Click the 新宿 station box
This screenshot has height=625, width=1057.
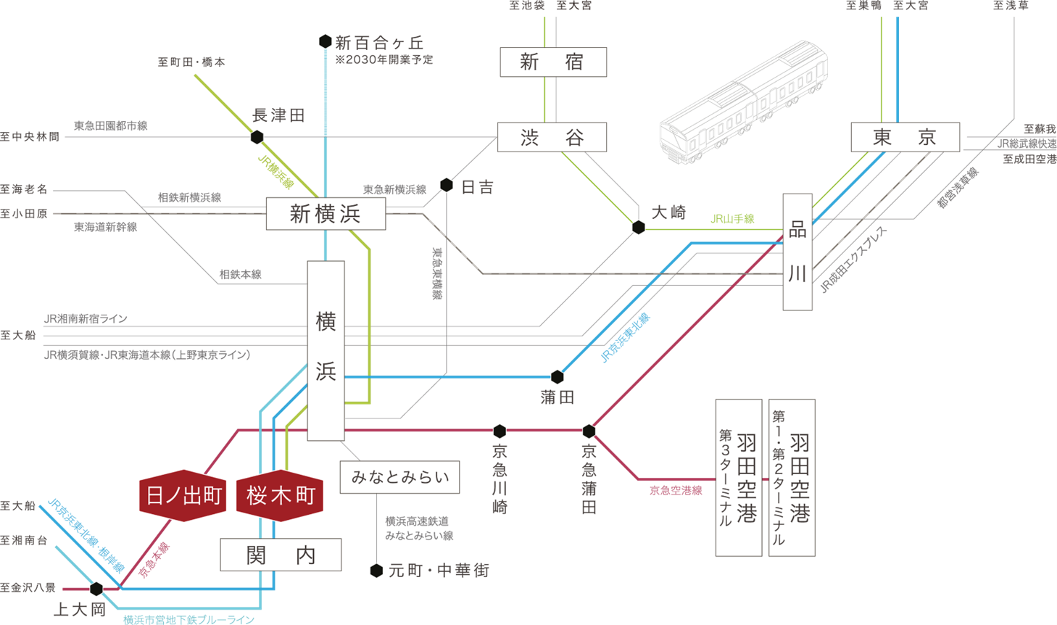point(553,62)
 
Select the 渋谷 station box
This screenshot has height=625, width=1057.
point(552,137)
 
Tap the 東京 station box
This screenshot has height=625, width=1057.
point(905,137)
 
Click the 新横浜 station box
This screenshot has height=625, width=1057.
point(326,214)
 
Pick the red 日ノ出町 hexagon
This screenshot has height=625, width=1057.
point(183,496)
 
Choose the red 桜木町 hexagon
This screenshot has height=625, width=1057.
point(280,496)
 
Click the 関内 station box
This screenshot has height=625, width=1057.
point(281,555)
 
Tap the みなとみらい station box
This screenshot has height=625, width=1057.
point(399,477)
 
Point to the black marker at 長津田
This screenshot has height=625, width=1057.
point(257,137)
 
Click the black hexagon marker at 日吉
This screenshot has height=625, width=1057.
point(447,186)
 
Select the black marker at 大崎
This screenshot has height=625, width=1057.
point(639,228)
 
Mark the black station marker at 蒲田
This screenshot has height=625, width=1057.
point(557,377)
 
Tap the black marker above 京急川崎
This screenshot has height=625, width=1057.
point(500,431)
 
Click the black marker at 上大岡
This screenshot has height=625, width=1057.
point(96,589)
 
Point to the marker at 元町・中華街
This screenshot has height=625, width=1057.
point(376,571)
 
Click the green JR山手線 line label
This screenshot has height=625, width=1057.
point(732,219)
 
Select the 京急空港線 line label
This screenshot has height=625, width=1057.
point(676,491)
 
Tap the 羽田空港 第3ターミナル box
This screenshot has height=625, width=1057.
point(738,478)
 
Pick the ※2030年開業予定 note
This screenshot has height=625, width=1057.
point(384,60)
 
